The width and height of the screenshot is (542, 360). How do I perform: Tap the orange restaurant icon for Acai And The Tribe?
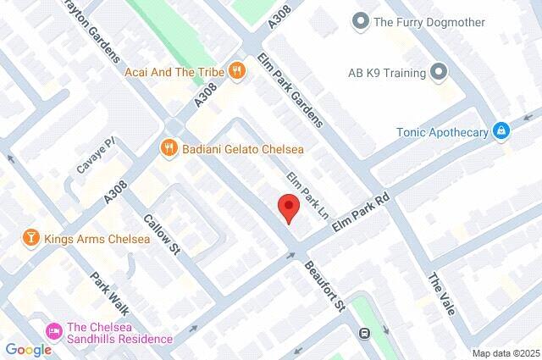coord(238,72)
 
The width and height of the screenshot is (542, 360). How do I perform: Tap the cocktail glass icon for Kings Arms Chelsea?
coord(30,238)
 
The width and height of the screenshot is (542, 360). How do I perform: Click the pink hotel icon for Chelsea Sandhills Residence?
coord(53,329)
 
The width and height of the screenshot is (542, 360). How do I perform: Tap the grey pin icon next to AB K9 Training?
coord(438,72)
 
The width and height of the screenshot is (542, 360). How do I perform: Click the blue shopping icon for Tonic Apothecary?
coord(502,130)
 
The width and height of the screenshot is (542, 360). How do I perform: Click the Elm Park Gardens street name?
coord(290,91)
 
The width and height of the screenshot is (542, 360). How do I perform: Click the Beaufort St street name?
coord(326,285)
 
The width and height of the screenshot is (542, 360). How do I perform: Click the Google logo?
coord(28,349)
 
